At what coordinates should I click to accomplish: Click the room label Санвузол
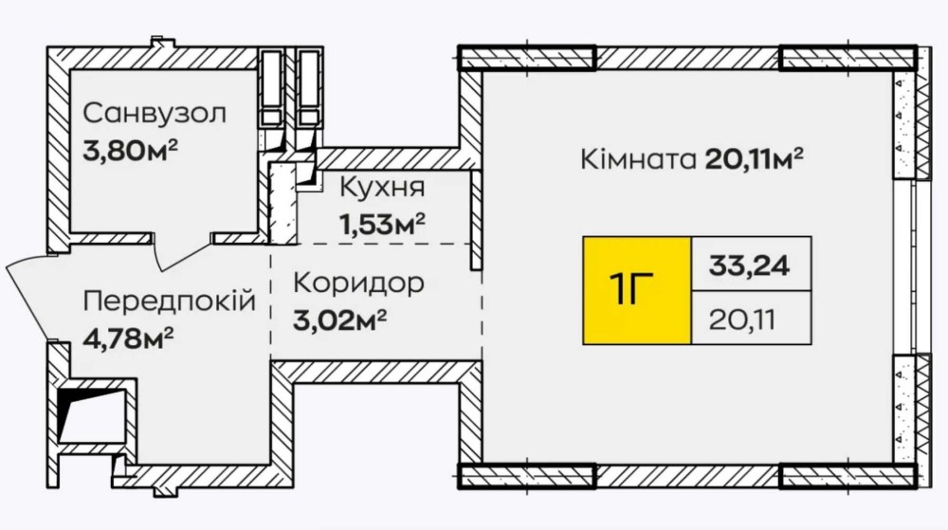coord(155,114)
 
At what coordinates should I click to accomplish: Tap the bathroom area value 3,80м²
coord(130,151)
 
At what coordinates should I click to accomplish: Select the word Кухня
coord(382,188)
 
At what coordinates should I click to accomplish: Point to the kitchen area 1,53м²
coord(382,224)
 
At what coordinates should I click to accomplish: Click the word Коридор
coord(358,283)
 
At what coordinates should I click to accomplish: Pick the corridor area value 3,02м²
coord(339,320)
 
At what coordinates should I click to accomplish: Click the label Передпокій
coord(170,301)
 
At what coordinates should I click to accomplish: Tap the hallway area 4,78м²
coord(129,338)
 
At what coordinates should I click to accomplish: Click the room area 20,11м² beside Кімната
coord(754,159)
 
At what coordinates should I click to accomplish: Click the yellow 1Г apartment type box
coord(637,291)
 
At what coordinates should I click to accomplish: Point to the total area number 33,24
coord(750,265)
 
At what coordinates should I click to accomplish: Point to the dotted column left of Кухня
coord(283,203)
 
